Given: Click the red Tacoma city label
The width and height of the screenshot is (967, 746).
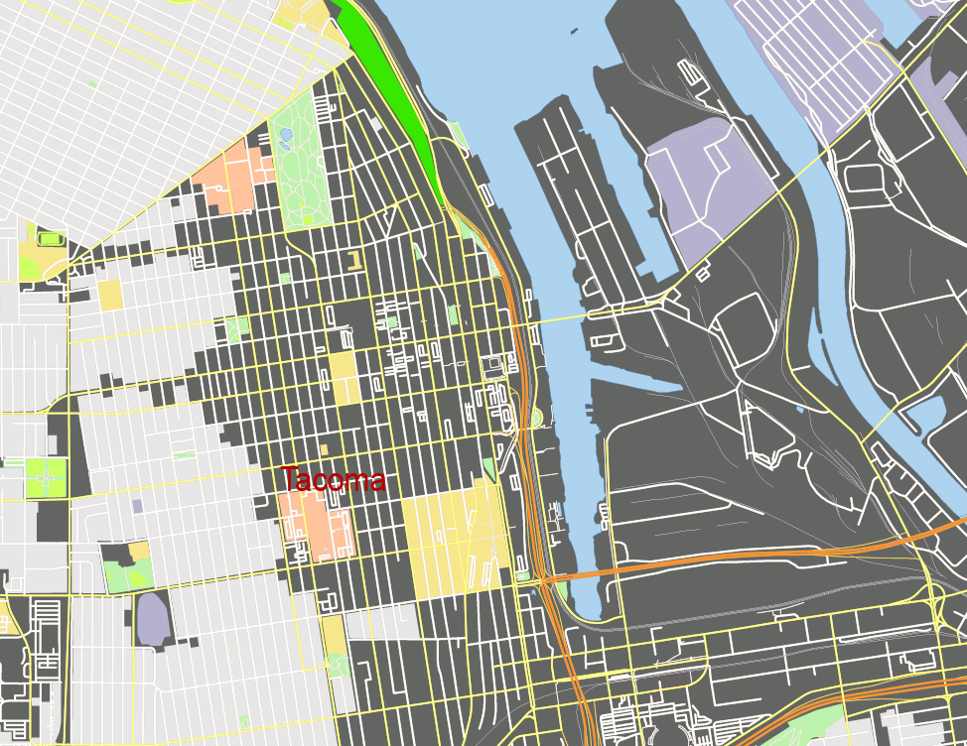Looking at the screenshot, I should (332, 481).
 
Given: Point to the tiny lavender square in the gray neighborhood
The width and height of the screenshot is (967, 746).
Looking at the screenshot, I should (137, 506).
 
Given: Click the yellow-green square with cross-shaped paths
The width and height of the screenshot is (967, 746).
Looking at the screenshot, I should (44, 477).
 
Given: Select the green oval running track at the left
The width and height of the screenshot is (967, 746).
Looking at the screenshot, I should (50, 239).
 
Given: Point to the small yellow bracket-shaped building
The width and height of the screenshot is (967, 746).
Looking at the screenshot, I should (353, 261).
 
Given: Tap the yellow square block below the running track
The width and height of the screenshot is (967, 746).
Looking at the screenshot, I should (109, 295).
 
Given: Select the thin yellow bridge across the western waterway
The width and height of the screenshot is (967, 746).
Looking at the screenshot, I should (556, 318).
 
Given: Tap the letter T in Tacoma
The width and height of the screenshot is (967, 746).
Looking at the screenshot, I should (289, 480).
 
